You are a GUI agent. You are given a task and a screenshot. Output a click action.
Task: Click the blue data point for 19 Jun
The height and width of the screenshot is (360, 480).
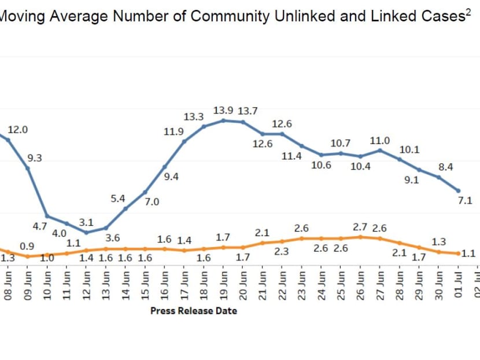pos(223,120)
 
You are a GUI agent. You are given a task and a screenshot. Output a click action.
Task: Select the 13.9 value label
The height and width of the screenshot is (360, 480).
pos(223,110)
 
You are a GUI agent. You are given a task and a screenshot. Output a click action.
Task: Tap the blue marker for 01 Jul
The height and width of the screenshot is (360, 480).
pos(459,190)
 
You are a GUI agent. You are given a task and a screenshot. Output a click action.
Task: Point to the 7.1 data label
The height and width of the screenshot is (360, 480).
pos(466,201)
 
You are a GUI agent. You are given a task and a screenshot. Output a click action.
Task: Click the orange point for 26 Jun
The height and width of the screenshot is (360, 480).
pos(360,237)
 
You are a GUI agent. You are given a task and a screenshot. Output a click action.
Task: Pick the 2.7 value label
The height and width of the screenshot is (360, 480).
pos(361,227)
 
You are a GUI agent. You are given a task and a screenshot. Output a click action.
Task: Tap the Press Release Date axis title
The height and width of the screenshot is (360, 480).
pos(194,311)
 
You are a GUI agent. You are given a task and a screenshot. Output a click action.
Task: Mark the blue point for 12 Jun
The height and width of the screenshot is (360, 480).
pos(86,233)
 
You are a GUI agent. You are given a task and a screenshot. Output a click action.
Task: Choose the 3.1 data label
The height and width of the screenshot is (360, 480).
pos(86,222)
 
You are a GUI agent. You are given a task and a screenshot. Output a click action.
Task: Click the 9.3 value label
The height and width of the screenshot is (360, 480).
pos(35,157)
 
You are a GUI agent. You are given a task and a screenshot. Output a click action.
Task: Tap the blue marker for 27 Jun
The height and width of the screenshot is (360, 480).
pos(380,150)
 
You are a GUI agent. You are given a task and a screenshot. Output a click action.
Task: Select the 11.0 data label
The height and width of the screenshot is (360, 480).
pos(380,141)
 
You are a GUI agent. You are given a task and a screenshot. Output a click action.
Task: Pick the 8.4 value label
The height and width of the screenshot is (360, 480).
pos(445,167)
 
